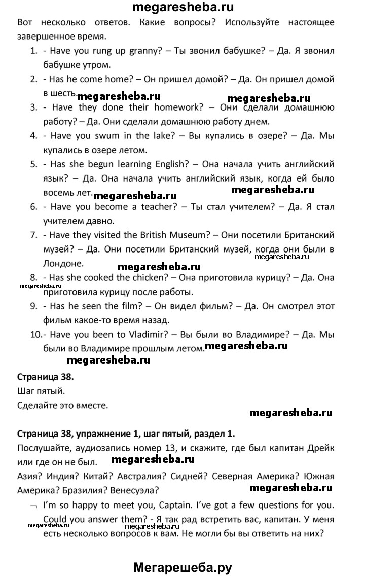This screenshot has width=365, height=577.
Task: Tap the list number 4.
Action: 34,136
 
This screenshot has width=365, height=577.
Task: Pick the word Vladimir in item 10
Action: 129,334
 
